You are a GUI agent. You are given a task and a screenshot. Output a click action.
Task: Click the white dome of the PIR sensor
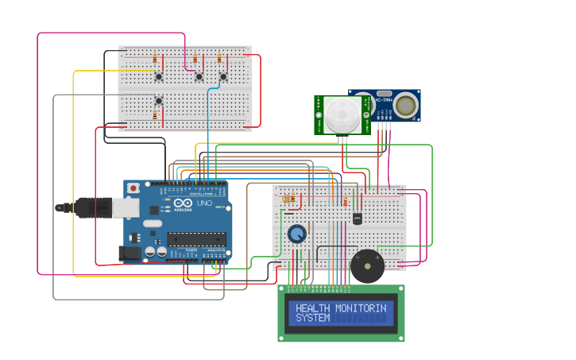(x=342, y=114)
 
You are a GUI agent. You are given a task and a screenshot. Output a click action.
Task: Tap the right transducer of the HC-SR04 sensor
(x=407, y=106)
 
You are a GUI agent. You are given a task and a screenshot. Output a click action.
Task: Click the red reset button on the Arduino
(x=133, y=188)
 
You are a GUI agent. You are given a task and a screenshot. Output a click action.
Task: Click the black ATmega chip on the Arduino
(x=195, y=238)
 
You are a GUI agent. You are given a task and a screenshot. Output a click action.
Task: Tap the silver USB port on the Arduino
(x=125, y=207)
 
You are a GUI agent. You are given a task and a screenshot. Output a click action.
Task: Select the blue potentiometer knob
(x=296, y=233)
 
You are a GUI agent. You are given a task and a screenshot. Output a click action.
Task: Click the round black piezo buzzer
(x=366, y=267)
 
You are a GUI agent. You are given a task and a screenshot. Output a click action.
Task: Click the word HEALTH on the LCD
(x=311, y=308)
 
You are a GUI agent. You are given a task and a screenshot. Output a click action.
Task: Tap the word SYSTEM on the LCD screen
(x=311, y=318)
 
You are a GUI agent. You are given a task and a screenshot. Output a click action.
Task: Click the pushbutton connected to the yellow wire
(x=159, y=77)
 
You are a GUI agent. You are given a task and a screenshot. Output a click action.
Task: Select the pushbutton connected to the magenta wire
(x=199, y=77)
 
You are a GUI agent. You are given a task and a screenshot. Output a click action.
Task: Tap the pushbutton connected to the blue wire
(x=223, y=77)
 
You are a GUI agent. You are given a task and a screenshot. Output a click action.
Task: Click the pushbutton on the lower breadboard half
(x=159, y=100)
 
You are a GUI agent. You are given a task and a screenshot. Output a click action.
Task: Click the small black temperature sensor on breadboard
(x=358, y=218)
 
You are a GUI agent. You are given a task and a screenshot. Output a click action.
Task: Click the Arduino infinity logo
(x=181, y=204)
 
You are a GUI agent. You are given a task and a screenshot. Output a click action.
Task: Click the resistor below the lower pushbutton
(x=154, y=116)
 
